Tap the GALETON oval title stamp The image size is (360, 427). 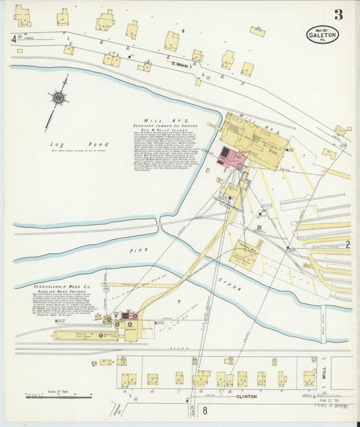[322, 34]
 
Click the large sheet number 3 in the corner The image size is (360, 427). [338, 14]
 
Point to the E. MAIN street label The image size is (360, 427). [179, 65]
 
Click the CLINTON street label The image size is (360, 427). [247, 397]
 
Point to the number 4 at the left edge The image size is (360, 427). [14, 39]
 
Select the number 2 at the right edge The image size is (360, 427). [348, 244]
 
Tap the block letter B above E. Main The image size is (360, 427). [182, 31]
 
